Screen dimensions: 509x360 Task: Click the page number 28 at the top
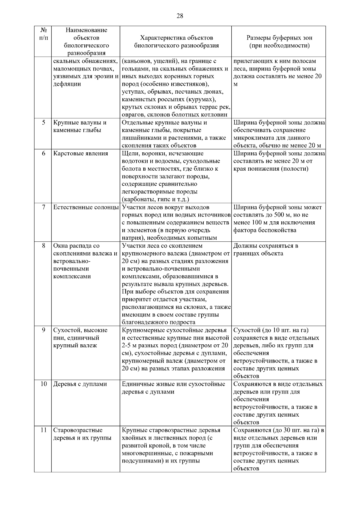pos(180,16)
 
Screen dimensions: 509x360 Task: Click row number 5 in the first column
pos(43,122)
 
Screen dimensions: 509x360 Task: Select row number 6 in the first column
pos(43,153)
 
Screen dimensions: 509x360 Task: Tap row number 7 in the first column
pos(43,207)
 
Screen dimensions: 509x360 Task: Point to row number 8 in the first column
pos(43,246)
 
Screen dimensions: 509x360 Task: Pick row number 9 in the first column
pos(43,330)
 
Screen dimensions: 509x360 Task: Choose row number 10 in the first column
pos(43,384)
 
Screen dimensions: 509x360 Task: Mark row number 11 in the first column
pos(43,430)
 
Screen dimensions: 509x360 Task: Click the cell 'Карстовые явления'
pos(80,154)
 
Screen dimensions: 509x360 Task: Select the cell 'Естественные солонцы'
pos(86,207)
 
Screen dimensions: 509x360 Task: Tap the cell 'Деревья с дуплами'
pos(80,384)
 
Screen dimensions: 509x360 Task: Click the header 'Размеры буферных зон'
pos(279,38)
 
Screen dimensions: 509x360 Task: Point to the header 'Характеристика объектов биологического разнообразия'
pos(176,42)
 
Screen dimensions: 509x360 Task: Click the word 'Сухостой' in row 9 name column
pos(65,330)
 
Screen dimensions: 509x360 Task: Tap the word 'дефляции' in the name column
pos(67,84)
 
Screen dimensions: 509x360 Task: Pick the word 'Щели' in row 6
pos(129,154)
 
